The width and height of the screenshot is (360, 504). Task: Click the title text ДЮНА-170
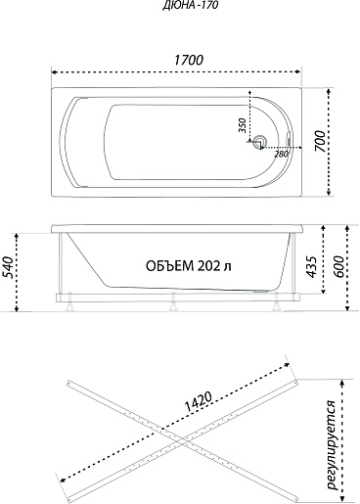click(190, 6)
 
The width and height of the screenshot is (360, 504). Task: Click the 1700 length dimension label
click(189, 60)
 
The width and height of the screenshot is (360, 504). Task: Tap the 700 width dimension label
click(320, 141)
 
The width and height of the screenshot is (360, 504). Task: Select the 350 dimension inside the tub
click(242, 125)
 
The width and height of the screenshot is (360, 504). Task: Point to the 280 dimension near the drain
click(281, 154)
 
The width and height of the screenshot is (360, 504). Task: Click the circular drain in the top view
click(260, 142)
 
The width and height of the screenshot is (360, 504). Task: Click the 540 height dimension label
click(9, 267)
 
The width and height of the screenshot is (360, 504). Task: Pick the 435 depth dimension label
click(312, 267)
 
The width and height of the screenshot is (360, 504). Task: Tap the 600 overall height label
click(339, 267)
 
